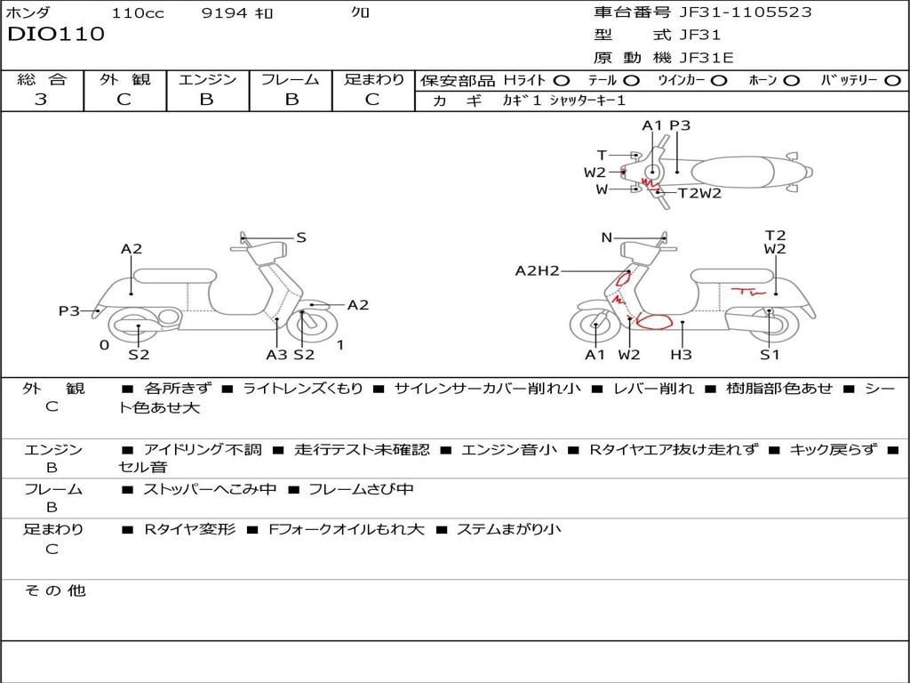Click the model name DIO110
[x=56, y=35]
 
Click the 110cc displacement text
[x=138, y=13]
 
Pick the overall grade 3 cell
[x=41, y=100]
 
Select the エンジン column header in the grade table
[x=207, y=79]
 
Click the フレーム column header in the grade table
[x=290, y=79]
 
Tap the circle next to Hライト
[x=562, y=80]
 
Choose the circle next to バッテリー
[x=892, y=80]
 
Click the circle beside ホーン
[x=791, y=80]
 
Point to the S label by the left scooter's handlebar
[x=301, y=237]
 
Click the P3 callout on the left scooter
[x=69, y=310]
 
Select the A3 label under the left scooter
[x=277, y=355]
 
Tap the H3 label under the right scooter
[x=681, y=355]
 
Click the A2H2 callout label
[x=537, y=270]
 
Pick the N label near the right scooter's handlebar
[x=607, y=237]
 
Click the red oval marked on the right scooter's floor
[x=654, y=321]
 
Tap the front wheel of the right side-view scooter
[x=594, y=326]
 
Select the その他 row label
[x=54, y=591]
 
